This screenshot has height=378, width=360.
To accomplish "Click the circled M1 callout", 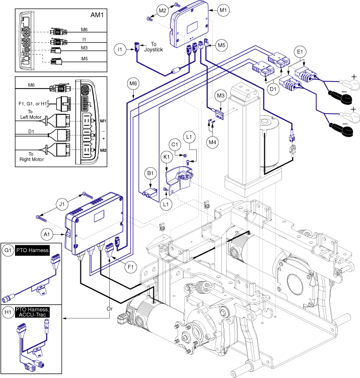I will point(223,10).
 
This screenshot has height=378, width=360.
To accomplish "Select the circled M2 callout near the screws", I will point(162,10).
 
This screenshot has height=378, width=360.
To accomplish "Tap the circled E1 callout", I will point(301,51).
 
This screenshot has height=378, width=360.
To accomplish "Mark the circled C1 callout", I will point(174,145).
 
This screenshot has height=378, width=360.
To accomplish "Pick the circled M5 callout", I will point(222,44).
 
